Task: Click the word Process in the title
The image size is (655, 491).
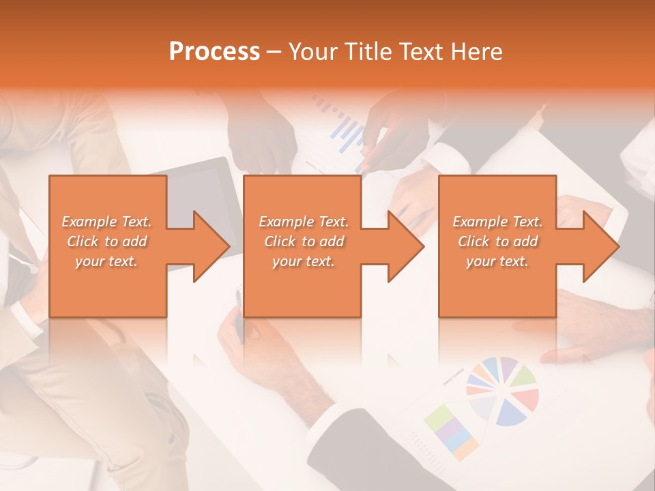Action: pyautogui.click(x=214, y=52)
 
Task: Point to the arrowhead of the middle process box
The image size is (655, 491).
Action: pyautogui.click(x=405, y=246)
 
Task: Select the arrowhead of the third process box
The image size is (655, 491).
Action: pyautogui.click(x=600, y=246)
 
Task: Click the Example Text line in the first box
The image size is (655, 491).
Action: pyautogui.click(x=106, y=222)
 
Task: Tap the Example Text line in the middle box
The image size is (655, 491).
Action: pyautogui.click(x=303, y=222)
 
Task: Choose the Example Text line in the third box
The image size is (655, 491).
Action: pyautogui.click(x=497, y=222)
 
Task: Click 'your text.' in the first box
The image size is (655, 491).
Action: pyautogui.click(x=106, y=261)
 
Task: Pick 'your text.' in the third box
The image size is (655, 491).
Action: pyautogui.click(x=497, y=261)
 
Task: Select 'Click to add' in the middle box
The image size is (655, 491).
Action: pyautogui.click(x=303, y=241)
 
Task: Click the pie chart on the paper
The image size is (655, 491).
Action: pyautogui.click(x=502, y=391)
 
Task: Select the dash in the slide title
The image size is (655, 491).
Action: pyautogui.click(x=274, y=52)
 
